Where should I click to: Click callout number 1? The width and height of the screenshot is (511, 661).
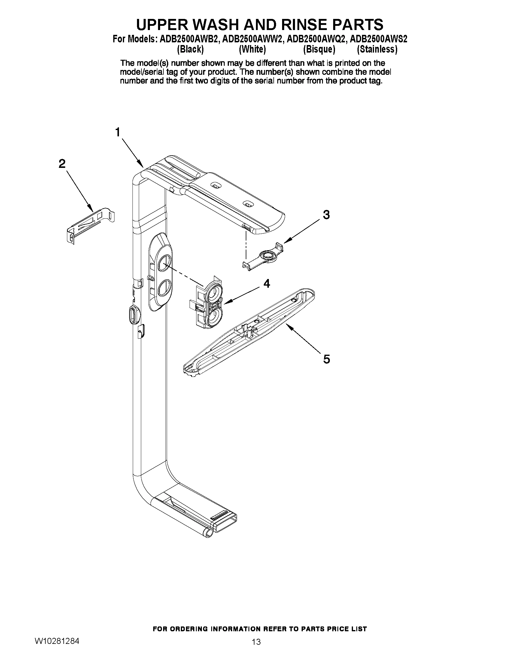click(118, 132)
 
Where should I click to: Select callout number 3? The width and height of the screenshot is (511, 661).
click(326, 215)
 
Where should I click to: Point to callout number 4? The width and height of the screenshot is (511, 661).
click(266, 284)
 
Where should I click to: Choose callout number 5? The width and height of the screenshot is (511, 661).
click(326, 359)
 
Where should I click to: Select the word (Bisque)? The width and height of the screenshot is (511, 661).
click(319, 49)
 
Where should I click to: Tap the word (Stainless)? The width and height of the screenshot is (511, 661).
click(377, 49)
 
